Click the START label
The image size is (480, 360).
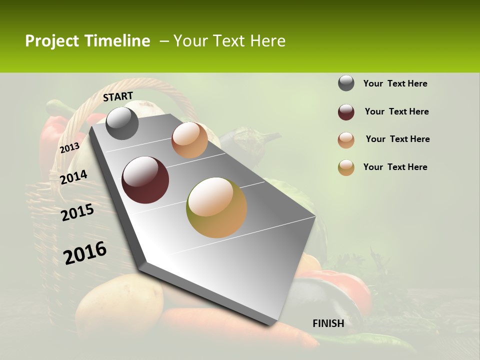tap(118, 96)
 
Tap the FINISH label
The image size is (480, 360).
tap(328, 323)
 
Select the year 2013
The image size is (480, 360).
tap(69, 147)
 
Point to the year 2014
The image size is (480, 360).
tap(73, 177)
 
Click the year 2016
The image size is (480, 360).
tap(85, 252)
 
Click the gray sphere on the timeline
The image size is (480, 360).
tap(122, 123)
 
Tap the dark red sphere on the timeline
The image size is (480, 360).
tap(145, 180)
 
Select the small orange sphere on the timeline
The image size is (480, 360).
tap(189, 140)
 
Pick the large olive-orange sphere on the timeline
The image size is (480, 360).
tap(216, 207)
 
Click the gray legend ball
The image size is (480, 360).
tap(346, 83)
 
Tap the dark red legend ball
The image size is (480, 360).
tap(346, 112)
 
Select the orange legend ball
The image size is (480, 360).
tap(346, 140)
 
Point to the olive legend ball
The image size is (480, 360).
tap(346, 167)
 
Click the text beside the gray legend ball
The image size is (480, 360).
tap(395, 84)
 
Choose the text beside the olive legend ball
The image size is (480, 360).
tap(395, 167)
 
